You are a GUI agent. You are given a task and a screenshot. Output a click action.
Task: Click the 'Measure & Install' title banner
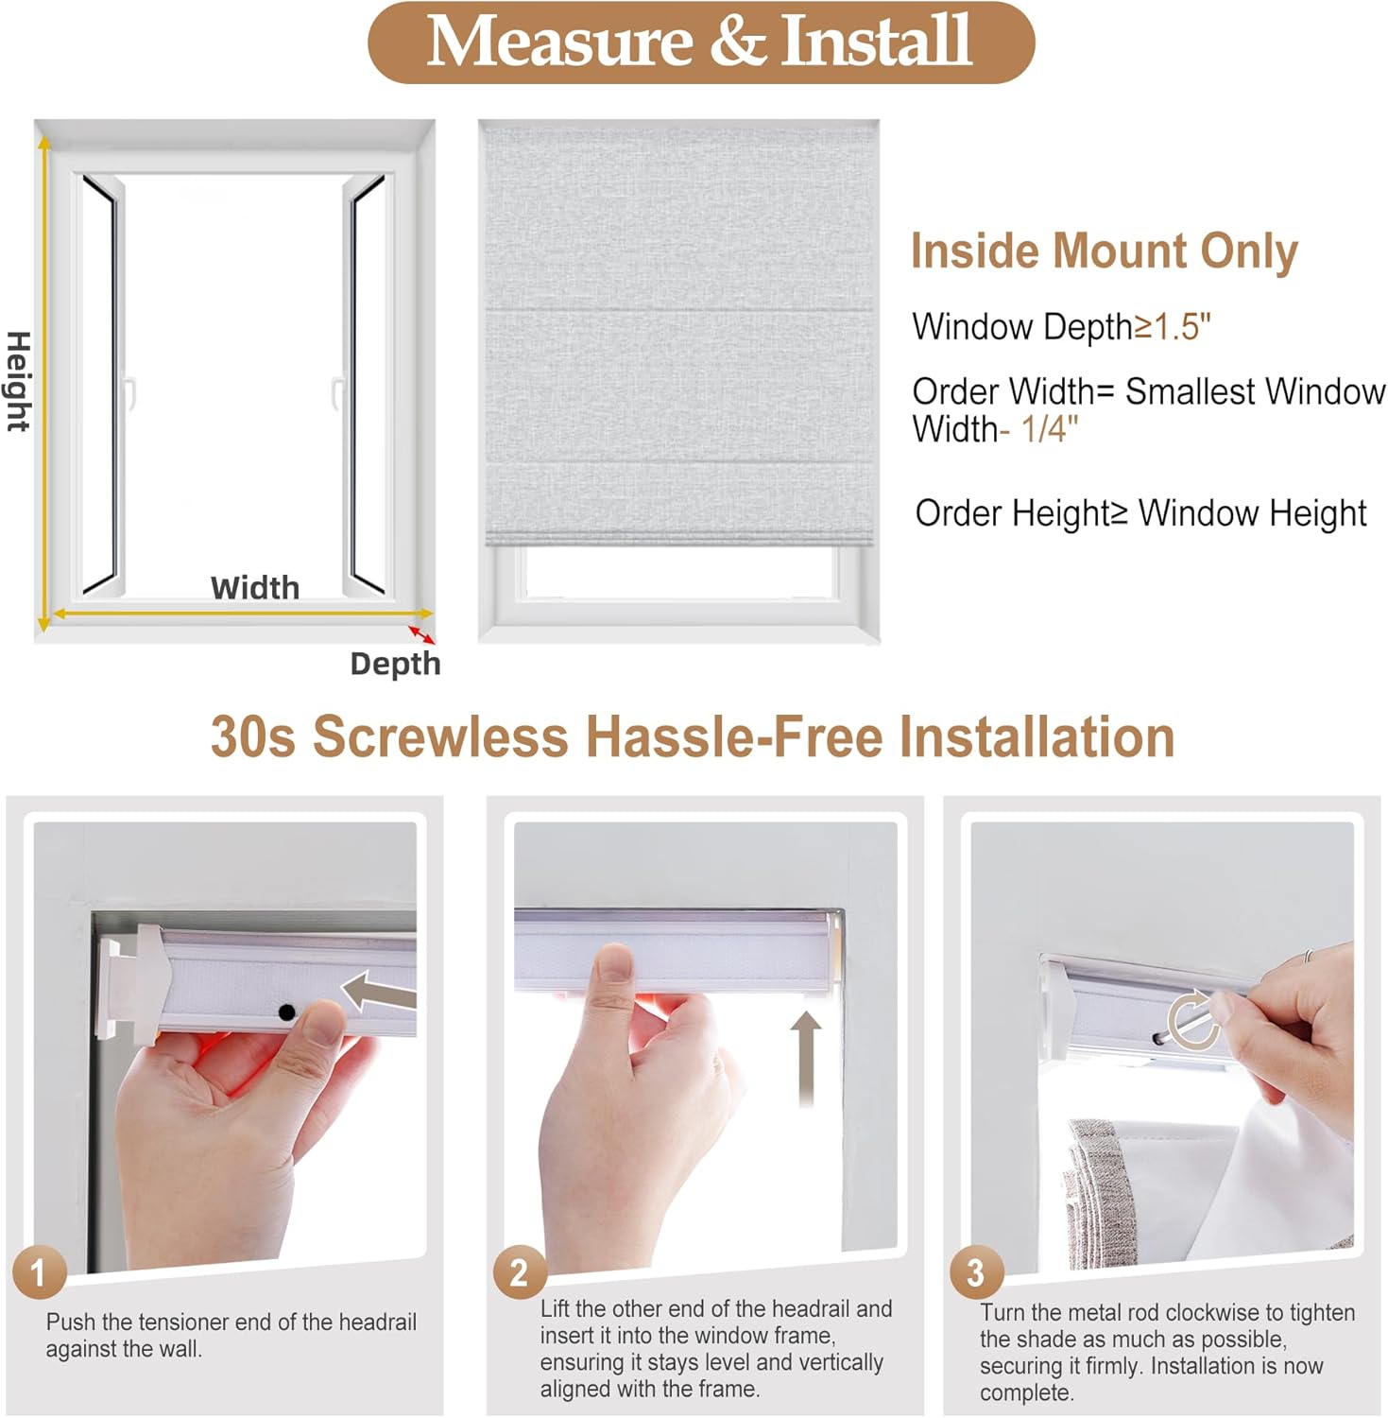(x=700, y=43)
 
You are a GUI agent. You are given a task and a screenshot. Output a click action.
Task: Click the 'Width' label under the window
(x=254, y=588)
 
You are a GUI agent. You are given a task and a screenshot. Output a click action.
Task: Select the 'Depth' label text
(x=395, y=664)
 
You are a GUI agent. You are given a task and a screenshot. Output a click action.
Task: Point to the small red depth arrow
(x=421, y=634)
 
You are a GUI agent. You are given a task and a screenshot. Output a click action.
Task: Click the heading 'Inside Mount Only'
(x=1104, y=251)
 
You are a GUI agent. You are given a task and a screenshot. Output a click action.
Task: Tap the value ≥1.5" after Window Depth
(x=1173, y=327)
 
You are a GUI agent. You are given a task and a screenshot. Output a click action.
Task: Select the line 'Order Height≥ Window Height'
(x=1140, y=513)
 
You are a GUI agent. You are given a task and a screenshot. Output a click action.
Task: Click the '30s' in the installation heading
(x=252, y=736)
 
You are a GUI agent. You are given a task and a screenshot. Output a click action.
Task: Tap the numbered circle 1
(x=39, y=1272)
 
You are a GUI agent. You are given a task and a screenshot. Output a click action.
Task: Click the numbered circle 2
(x=519, y=1272)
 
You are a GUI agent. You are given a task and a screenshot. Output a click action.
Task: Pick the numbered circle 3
(x=975, y=1272)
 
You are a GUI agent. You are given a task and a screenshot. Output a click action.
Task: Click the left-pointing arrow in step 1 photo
(x=376, y=992)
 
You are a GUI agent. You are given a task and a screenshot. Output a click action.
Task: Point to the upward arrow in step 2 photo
(x=805, y=1055)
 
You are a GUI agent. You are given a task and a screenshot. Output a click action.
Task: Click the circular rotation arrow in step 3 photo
(x=1192, y=1021)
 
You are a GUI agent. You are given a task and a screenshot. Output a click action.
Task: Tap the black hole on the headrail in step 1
(x=286, y=1012)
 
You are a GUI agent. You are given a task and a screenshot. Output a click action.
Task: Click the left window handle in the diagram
(x=131, y=392)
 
